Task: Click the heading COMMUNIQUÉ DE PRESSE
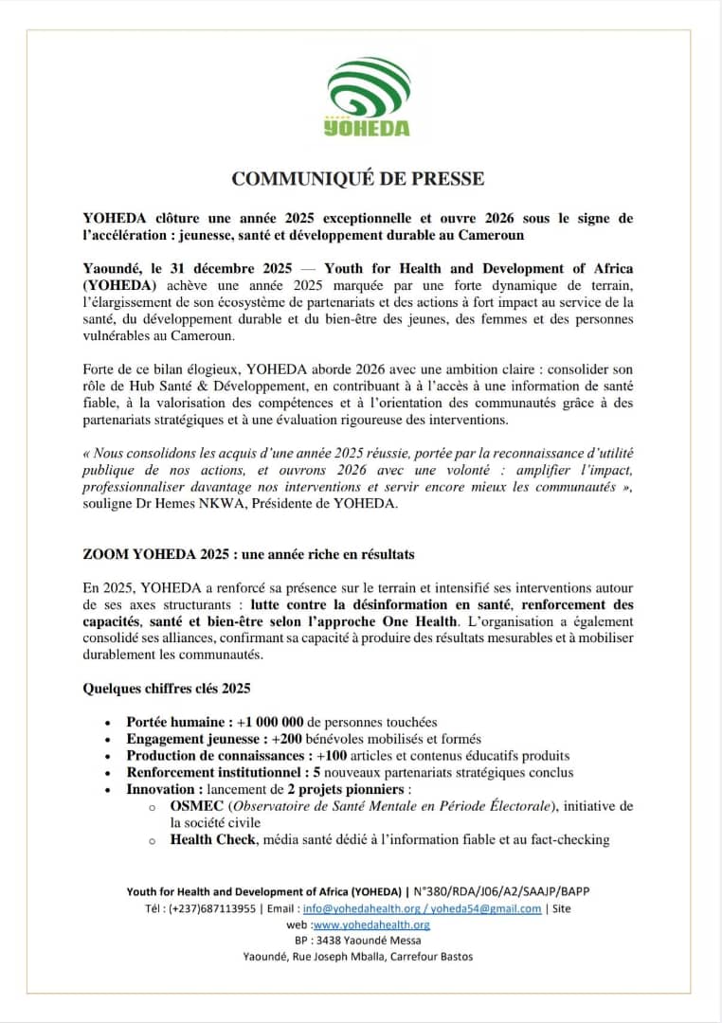pyautogui.click(x=358, y=178)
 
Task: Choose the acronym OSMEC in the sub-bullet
pyautogui.click(x=196, y=806)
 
